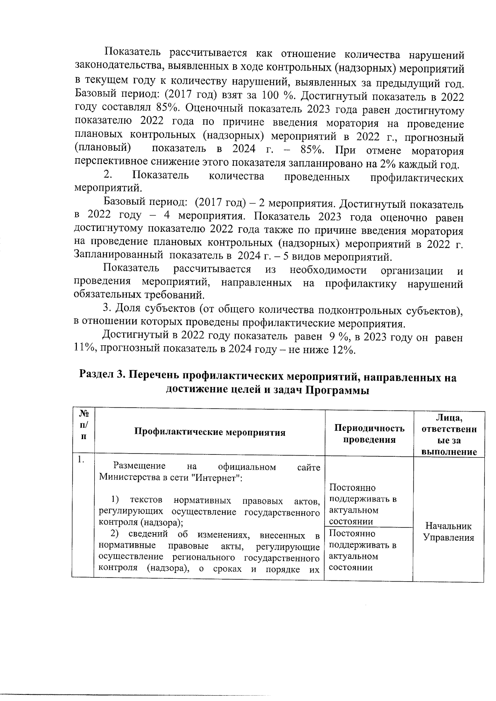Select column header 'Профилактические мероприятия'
pyautogui.click(x=210, y=432)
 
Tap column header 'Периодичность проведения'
pyautogui.click(x=369, y=433)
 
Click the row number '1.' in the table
pyautogui.click(x=81, y=460)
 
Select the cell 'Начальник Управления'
pyautogui.click(x=448, y=532)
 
